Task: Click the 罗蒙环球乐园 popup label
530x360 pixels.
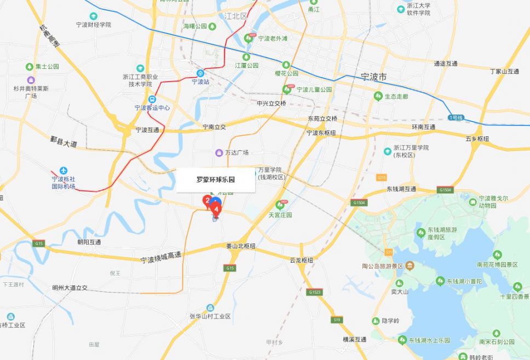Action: (x=216, y=179)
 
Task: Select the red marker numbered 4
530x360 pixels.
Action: (x=217, y=208)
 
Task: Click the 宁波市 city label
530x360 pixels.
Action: (x=374, y=77)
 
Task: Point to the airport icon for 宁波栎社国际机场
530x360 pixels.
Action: (x=63, y=170)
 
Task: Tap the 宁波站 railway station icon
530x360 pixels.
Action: (x=200, y=73)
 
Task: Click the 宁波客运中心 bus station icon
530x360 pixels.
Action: (x=152, y=99)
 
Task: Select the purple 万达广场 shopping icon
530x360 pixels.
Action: (x=219, y=153)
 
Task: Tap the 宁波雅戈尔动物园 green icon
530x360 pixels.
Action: (x=473, y=201)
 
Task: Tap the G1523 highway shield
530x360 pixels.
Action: (x=314, y=293)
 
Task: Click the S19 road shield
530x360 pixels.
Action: (x=336, y=320)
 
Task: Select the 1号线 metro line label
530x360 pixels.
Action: (x=456, y=118)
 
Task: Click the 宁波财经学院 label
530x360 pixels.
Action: (x=94, y=25)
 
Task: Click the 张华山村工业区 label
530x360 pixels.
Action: (x=210, y=317)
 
